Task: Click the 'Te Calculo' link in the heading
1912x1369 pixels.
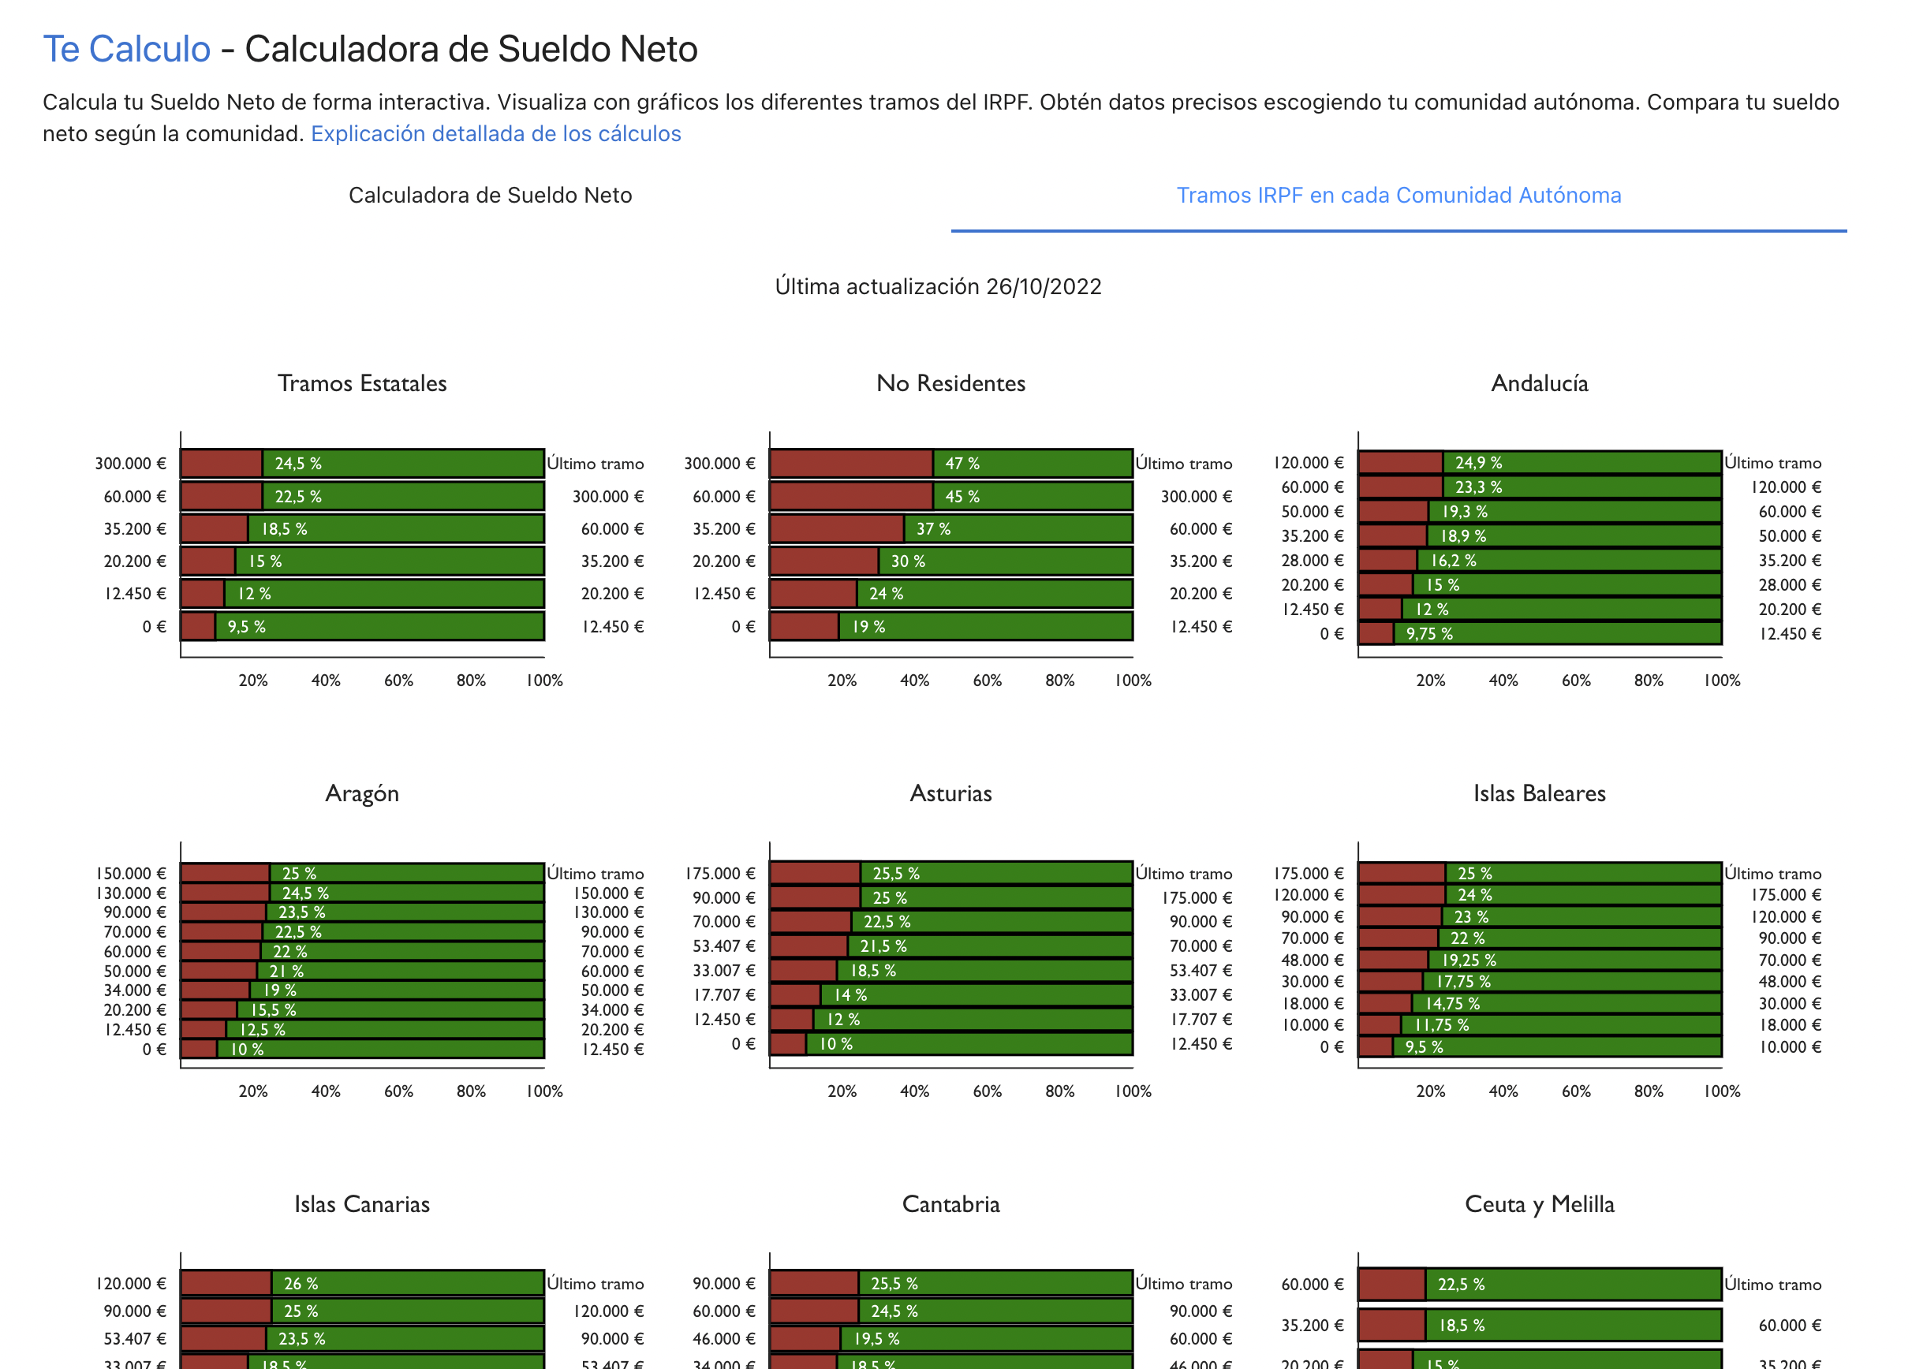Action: tap(126, 49)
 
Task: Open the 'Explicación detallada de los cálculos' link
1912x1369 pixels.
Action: tap(495, 134)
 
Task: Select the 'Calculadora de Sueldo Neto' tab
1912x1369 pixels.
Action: tap(490, 196)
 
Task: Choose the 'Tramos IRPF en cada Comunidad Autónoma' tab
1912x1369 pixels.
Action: tap(1398, 196)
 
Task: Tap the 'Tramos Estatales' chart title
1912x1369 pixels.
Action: tap(362, 383)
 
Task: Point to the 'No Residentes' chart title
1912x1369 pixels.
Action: tap(950, 383)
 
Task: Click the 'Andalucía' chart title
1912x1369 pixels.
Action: tap(1539, 383)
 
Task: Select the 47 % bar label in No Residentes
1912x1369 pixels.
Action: tap(962, 464)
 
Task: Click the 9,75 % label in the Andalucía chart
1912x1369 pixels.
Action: tap(1429, 634)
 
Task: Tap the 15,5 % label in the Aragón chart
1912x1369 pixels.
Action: tap(273, 1010)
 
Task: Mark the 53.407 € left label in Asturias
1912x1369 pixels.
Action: tap(723, 946)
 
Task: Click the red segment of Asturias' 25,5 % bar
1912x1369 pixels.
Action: tap(813, 873)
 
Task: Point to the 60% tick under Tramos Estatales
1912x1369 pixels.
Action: tap(398, 681)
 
